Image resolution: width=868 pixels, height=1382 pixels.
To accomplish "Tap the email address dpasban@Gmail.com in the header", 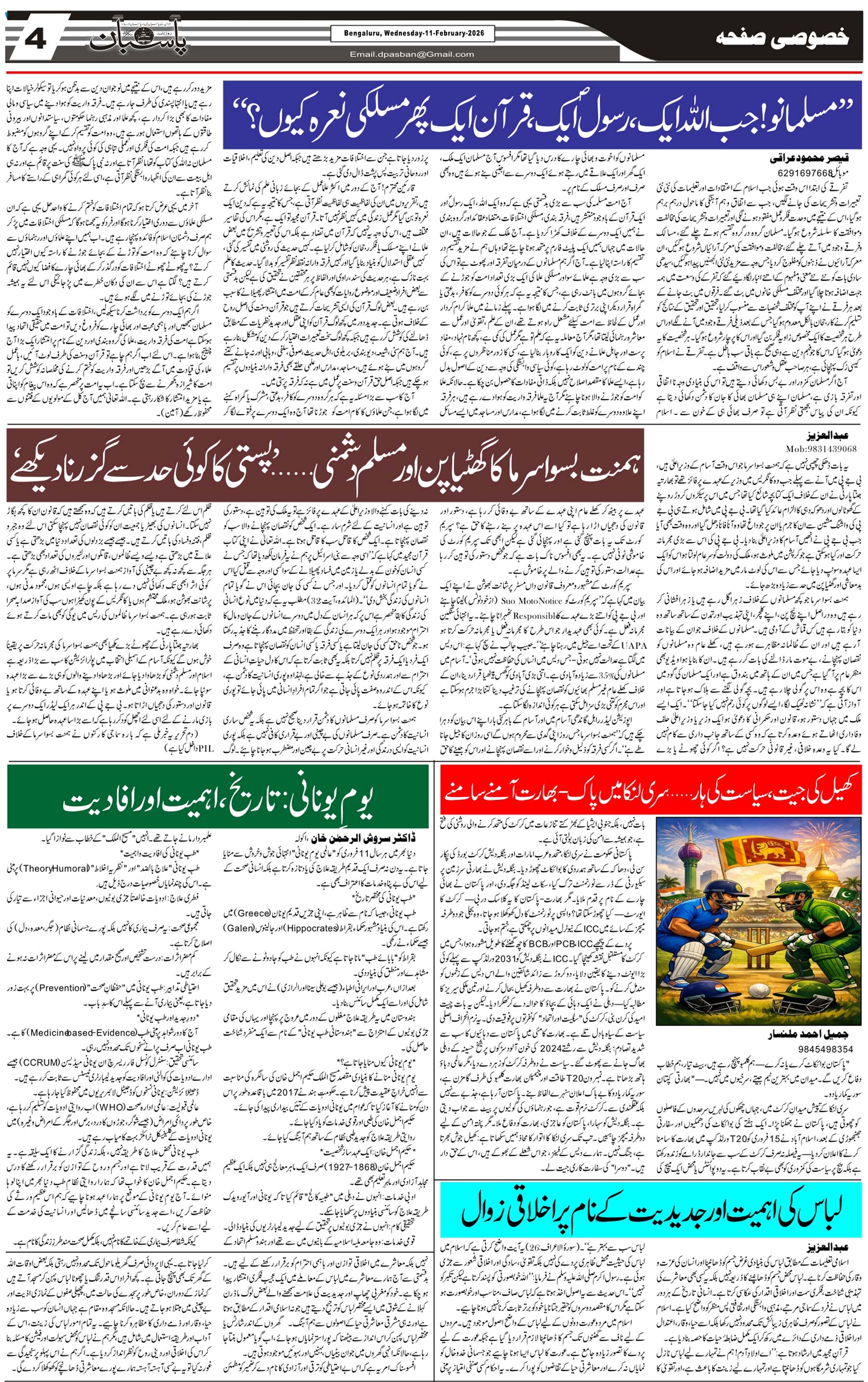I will click(412, 54).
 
